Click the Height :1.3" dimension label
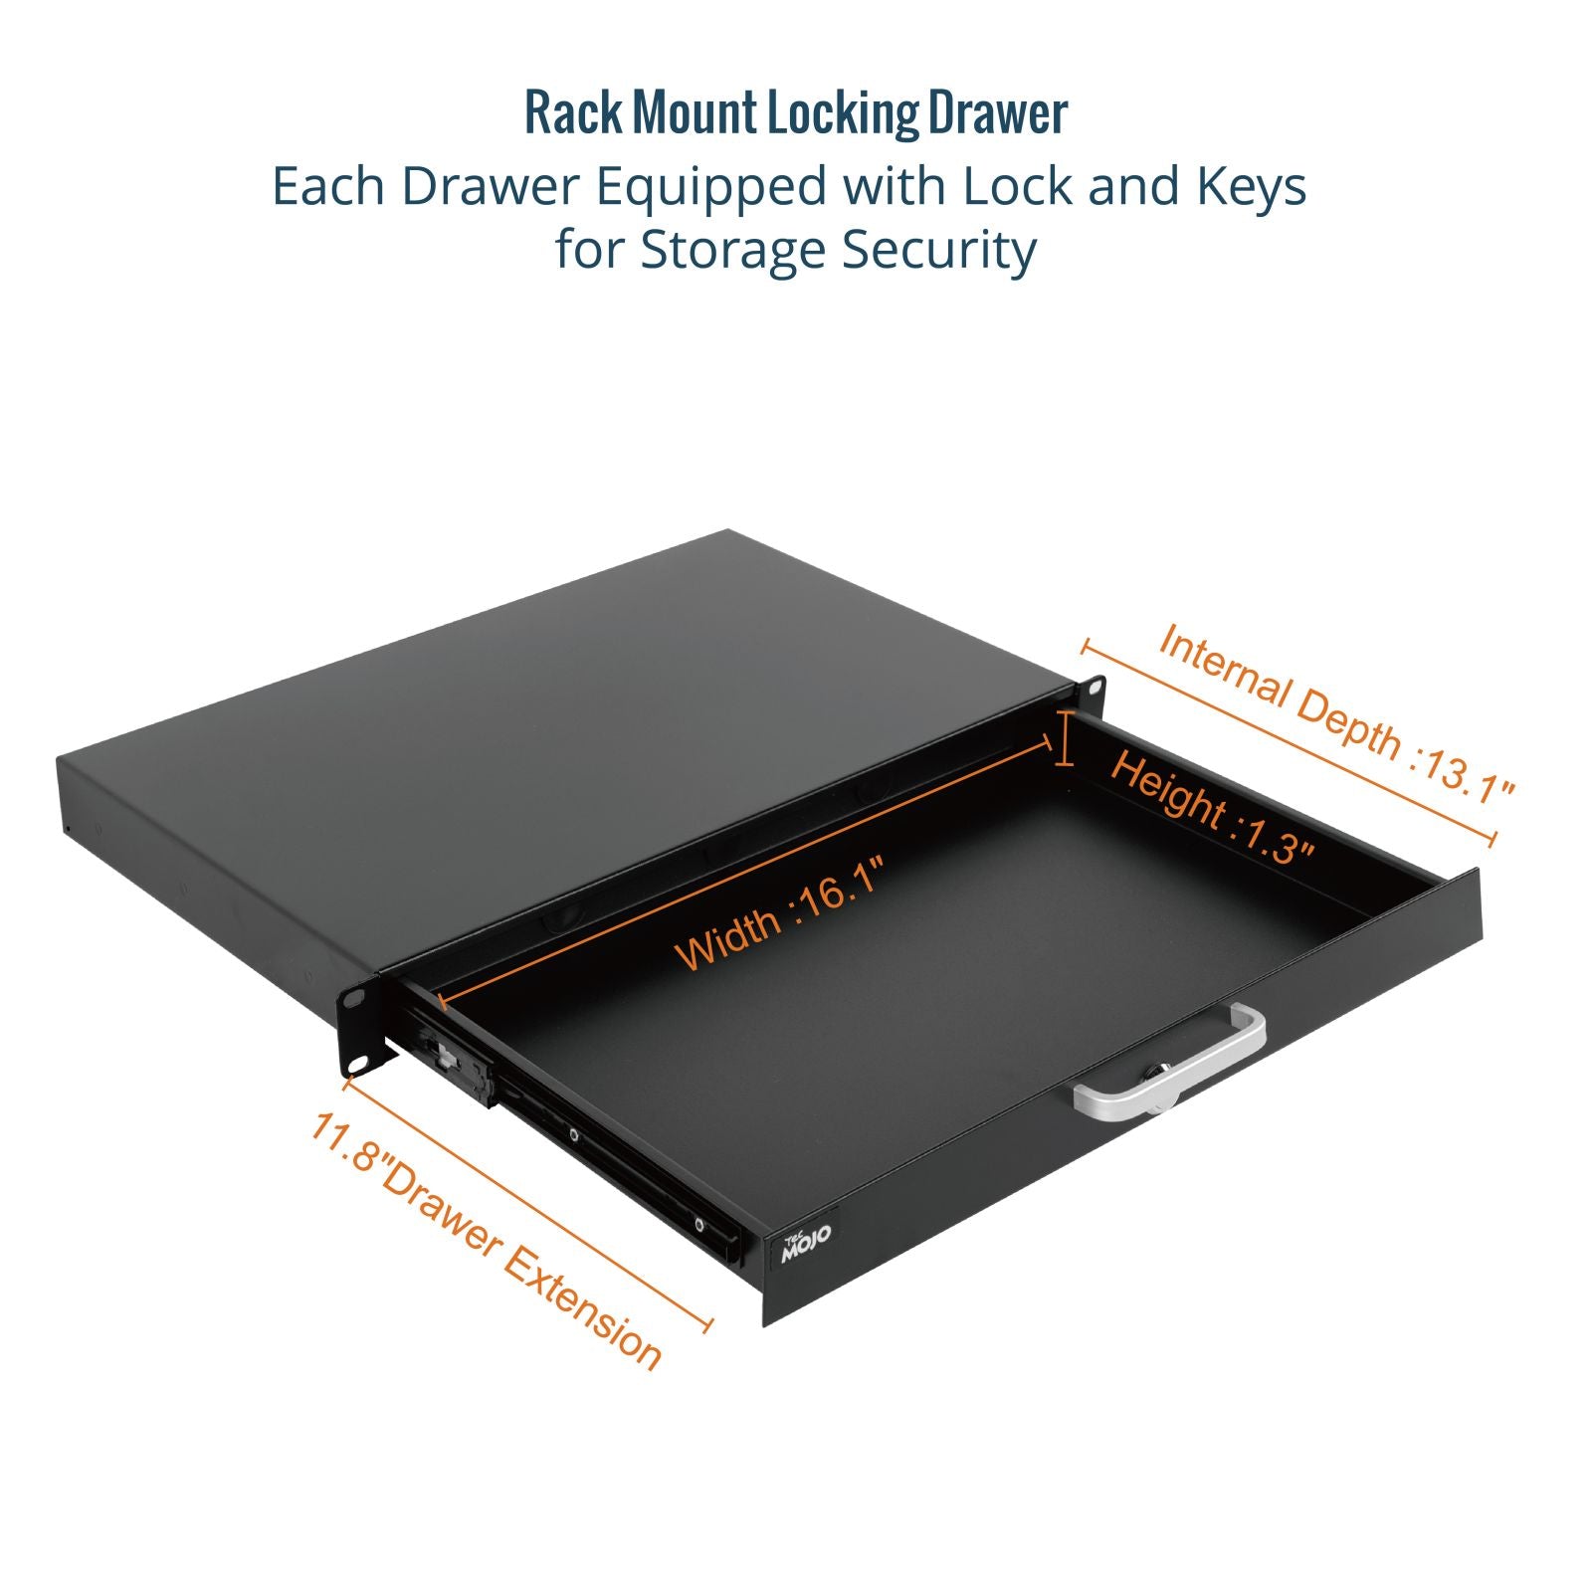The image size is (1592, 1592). pyautogui.click(x=1212, y=809)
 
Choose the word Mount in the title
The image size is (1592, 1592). pyautogui.click(x=695, y=113)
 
